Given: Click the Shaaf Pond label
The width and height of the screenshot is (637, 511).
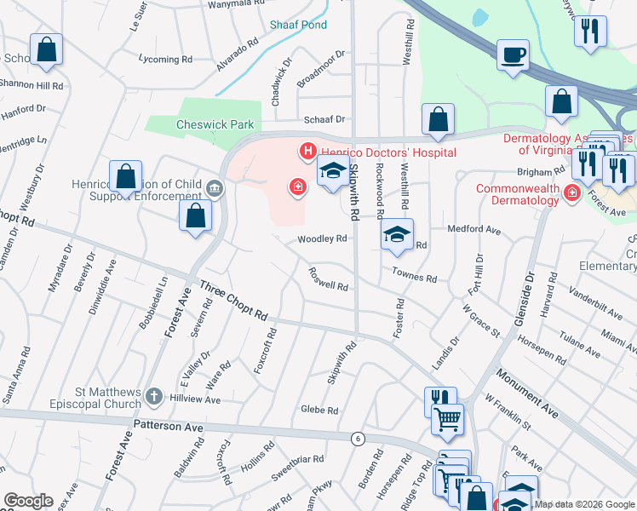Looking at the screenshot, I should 298,26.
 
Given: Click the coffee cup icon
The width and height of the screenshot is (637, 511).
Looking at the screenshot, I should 513,56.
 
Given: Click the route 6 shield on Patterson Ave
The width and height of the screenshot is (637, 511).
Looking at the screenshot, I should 358,438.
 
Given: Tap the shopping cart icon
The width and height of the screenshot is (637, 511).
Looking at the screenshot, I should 447,418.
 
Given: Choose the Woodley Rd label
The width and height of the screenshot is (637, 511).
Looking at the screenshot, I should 322,239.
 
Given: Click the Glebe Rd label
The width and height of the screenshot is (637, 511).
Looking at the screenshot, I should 319,410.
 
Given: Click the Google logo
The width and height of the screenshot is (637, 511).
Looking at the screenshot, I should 28,501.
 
